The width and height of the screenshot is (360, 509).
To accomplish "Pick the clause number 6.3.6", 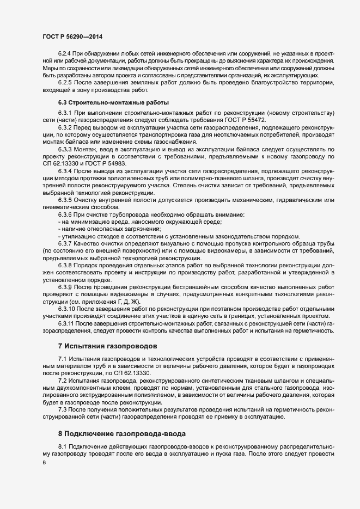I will [65, 215].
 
